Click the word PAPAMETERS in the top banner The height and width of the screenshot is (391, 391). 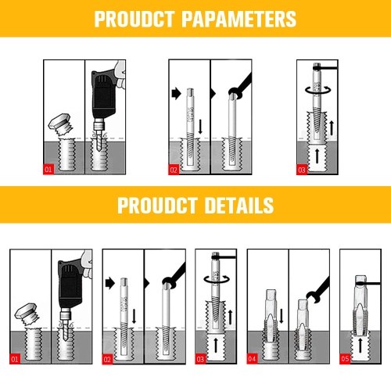[239, 19]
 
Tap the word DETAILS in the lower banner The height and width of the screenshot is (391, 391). [239, 206]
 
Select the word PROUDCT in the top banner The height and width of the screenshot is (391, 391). [135, 19]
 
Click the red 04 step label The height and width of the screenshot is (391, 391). [252, 359]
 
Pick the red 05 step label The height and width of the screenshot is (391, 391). [345, 359]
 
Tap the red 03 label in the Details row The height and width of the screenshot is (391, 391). [200, 359]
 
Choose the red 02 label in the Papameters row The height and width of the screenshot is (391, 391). [174, 170]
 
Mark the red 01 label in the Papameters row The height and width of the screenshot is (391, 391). [48, 170]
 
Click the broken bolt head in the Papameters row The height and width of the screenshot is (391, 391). [62, 124]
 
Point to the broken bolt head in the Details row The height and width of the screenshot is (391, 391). [27, 314]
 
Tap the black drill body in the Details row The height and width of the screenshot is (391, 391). [70, 284]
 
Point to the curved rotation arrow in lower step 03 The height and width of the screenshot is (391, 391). [217, 280]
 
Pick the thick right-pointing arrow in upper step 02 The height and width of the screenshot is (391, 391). [177, 93]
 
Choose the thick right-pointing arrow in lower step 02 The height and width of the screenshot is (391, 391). [110, 283]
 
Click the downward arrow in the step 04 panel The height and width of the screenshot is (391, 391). [282, 316]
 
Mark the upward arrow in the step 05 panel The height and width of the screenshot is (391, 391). [361, 346]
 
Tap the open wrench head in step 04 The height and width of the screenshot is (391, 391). [313, 296]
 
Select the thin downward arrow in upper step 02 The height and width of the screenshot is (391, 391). [200, 127]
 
